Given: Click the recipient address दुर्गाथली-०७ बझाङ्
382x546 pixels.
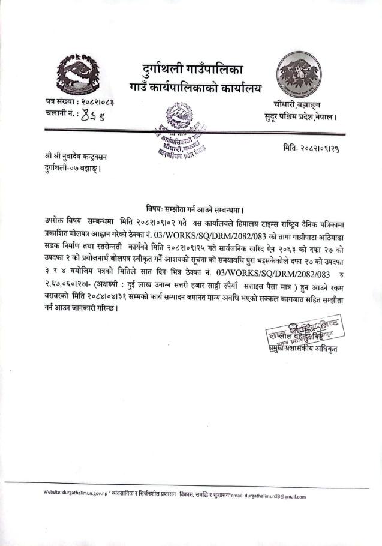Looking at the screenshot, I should (75, 169).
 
